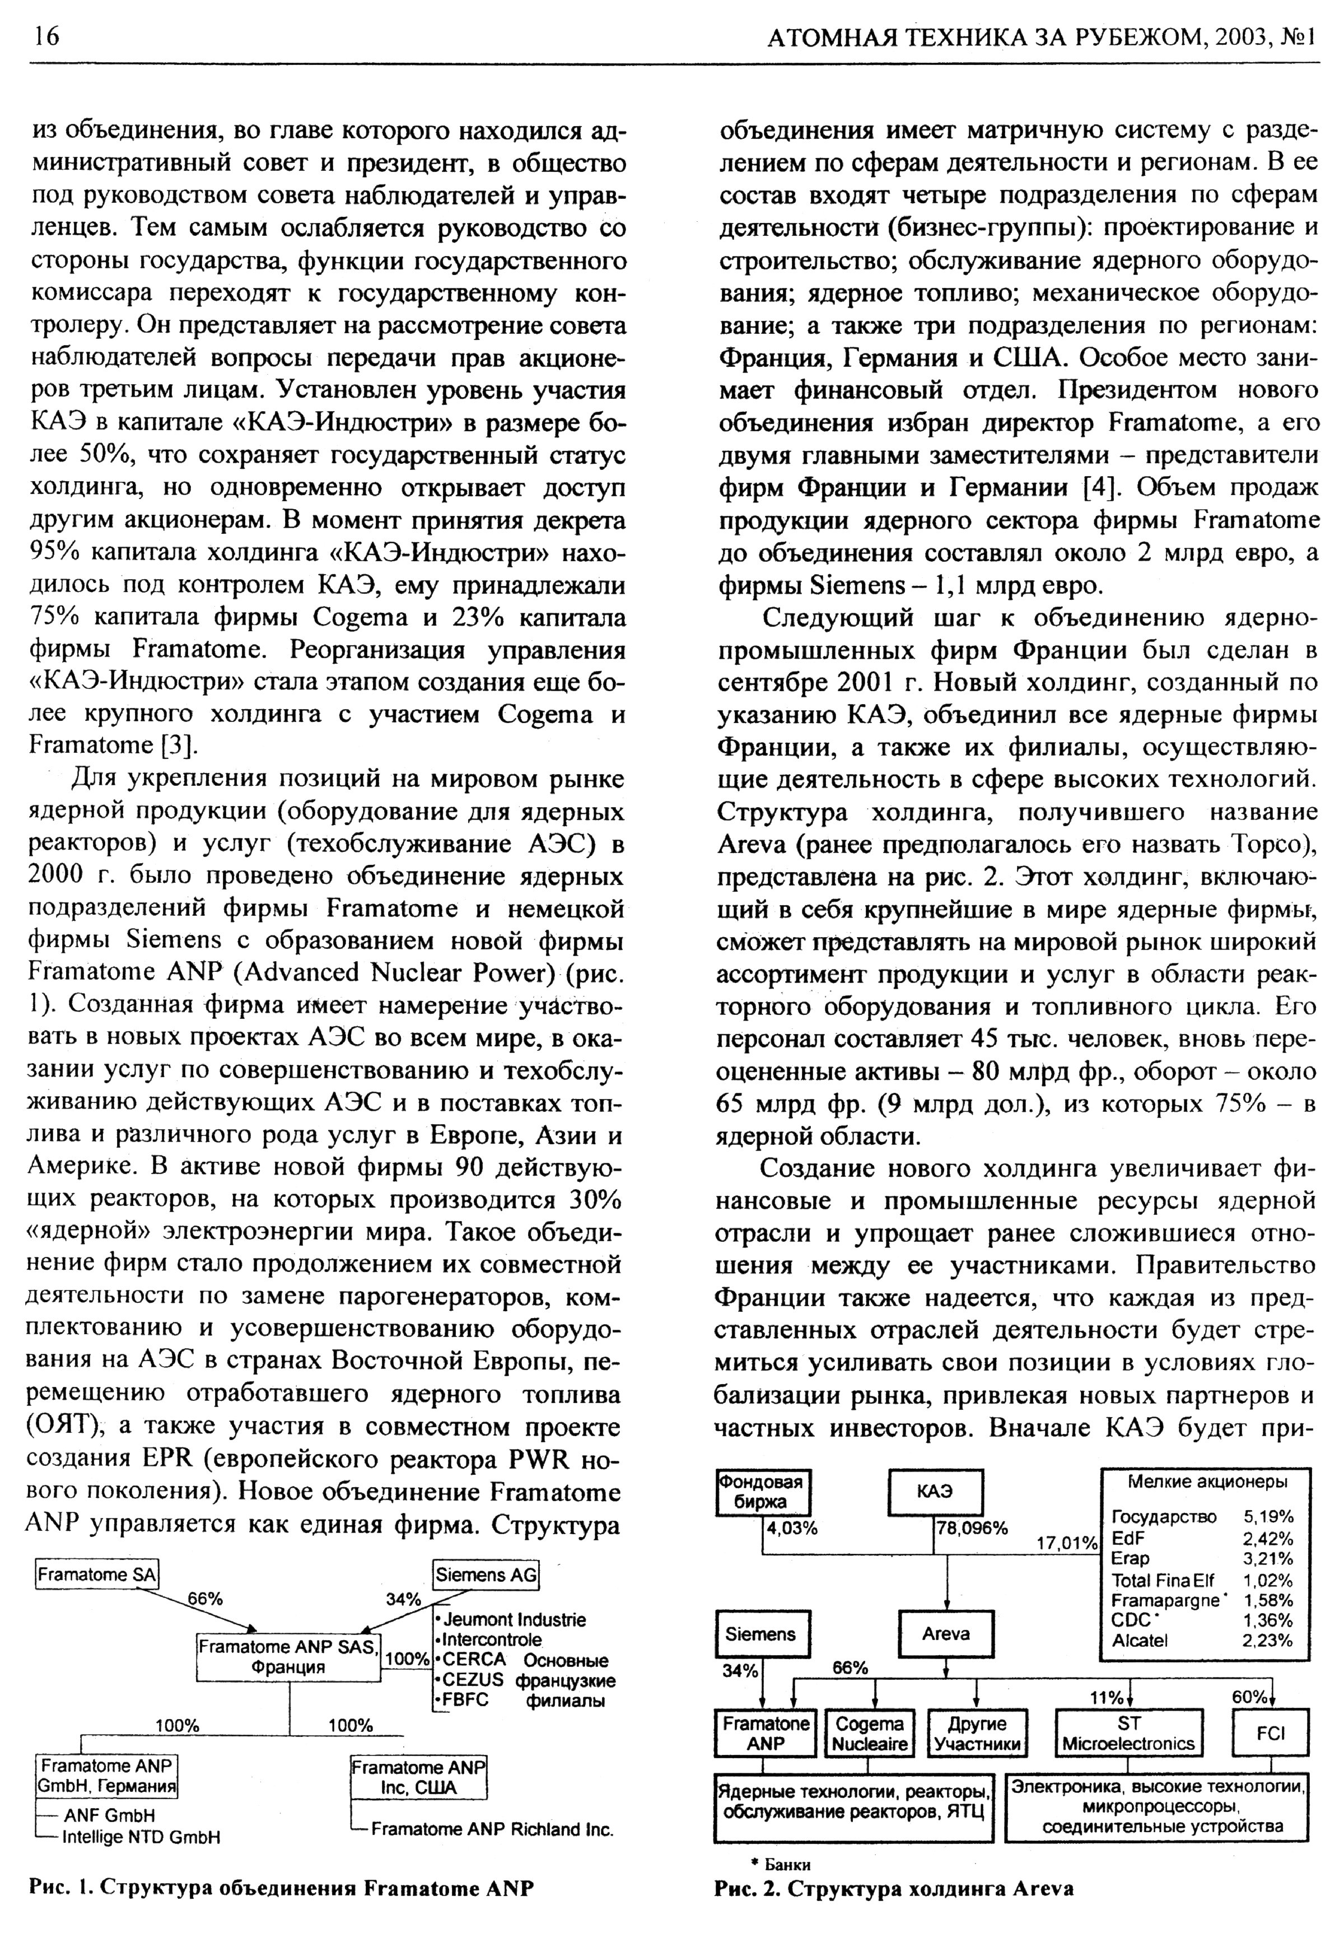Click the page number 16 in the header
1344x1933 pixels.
click(47, 36)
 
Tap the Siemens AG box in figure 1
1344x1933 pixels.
click(486, 1575)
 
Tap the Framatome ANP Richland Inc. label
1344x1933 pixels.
click(492, 1829)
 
